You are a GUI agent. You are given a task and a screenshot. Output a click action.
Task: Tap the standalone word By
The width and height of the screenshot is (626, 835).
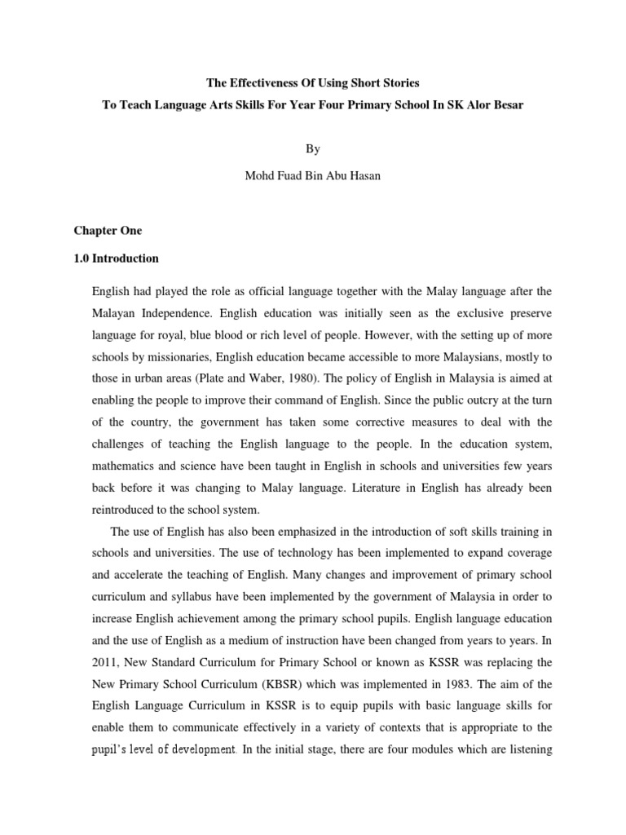314,148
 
